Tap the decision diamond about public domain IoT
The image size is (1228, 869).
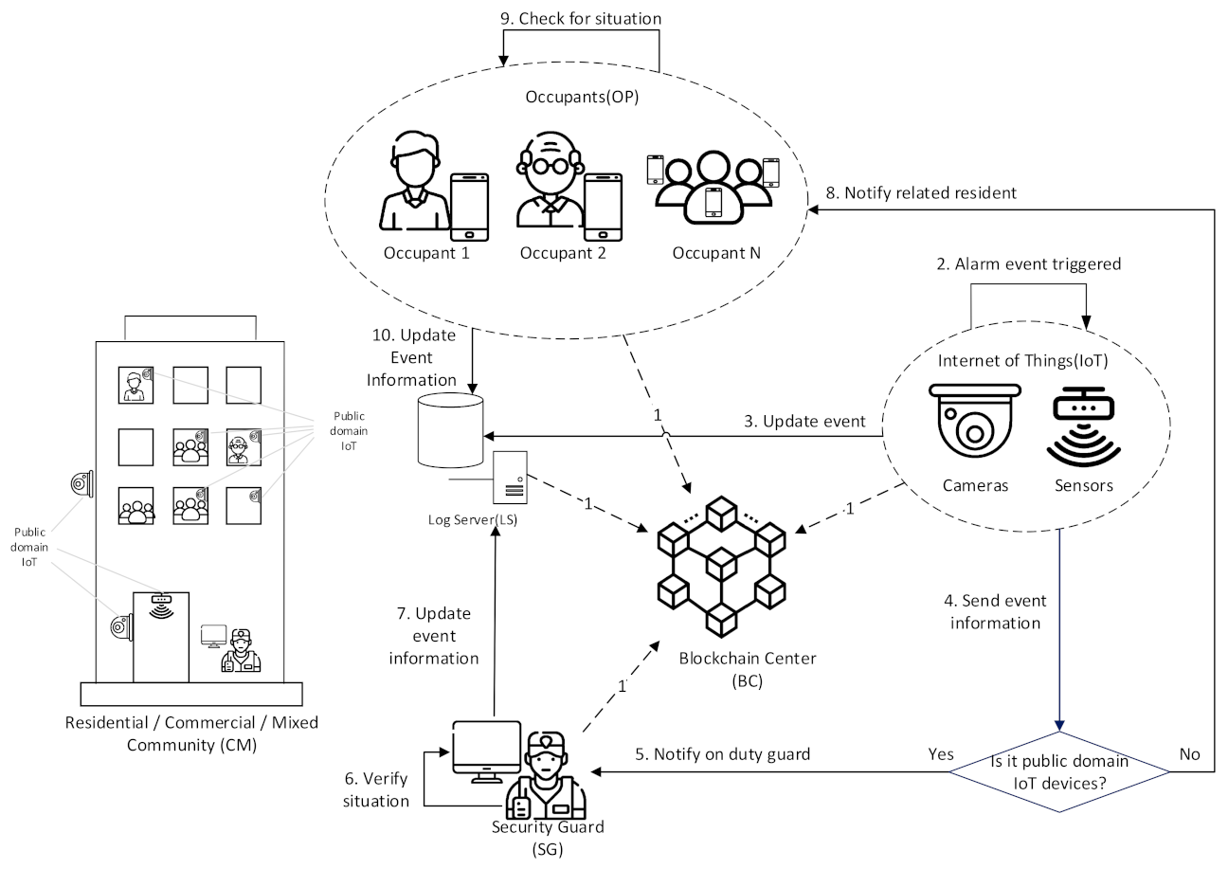(1059, 771)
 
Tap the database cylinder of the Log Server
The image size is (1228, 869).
(450, 429)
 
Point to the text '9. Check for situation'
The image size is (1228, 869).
(581, 18)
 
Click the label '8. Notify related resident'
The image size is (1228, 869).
(921, 192)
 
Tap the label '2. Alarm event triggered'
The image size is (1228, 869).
(1028, 264)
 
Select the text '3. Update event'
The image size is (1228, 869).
(804, 422)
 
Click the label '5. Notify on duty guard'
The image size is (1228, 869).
(723, 754)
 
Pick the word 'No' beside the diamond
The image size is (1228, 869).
(1189, 754)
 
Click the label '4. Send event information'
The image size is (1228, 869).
(994, 611)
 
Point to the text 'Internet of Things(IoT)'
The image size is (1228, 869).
(1022, 360)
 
